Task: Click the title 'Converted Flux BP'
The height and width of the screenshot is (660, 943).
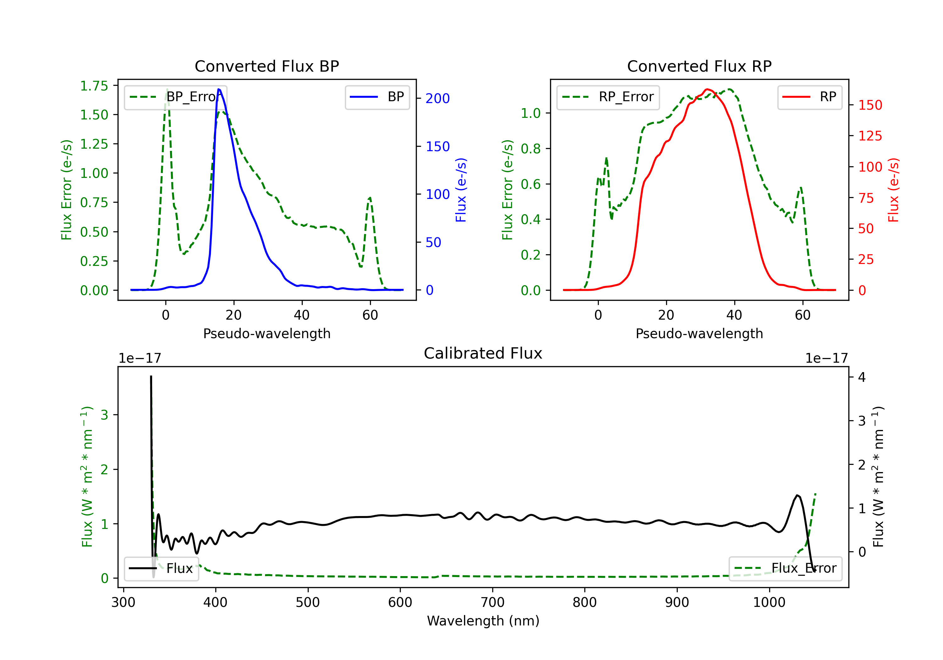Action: click(267, 66)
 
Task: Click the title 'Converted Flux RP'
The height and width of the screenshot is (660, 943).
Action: click(699, 66)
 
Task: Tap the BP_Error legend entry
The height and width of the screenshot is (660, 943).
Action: click(175, 97)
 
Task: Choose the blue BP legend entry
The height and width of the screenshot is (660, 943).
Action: click(377, 97)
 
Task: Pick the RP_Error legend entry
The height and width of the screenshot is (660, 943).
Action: click(608, 97)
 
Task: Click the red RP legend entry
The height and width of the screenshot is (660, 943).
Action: click(809, 97)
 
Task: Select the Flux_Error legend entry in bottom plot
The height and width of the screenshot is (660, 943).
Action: click(785, 569)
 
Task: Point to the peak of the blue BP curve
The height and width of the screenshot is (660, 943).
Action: click(219, 89)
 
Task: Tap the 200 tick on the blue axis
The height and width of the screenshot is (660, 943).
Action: click(438, 99)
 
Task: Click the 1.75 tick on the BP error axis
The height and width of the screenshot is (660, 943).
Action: click(94, 86)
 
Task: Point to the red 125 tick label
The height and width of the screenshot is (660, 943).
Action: click(870, 136)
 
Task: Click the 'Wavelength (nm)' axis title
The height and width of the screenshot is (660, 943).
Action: click(483, 621)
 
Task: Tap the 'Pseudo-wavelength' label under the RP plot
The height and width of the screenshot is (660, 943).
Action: click(699, 333)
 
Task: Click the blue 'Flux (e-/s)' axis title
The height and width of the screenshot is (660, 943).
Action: click(461, 190)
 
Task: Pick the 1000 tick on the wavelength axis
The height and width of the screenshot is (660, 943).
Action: click(769, 602)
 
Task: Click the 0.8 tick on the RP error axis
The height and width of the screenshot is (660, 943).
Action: click(531, 149)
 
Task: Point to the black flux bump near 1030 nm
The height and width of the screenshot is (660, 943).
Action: click(797, 496)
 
